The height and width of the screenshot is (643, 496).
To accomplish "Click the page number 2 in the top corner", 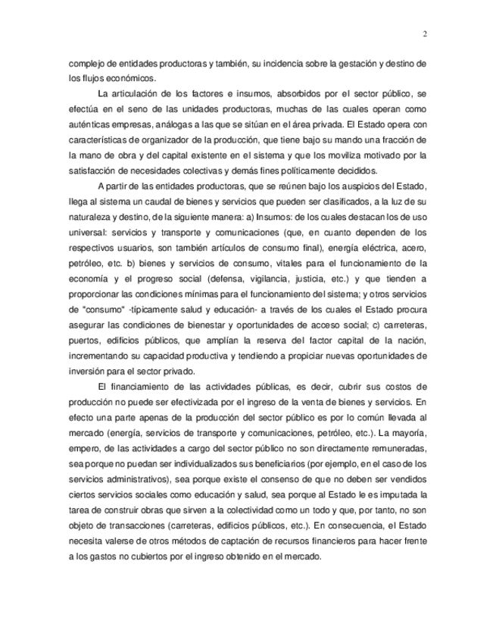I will tap(425, 33).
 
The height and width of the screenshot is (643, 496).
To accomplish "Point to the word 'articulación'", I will tap(149, 94).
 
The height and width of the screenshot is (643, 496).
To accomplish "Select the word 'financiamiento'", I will tap(149, 387).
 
